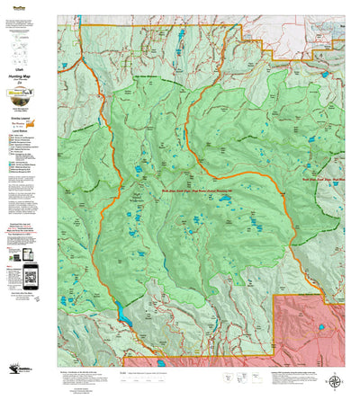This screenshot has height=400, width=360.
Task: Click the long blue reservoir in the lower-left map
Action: (118, 314)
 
